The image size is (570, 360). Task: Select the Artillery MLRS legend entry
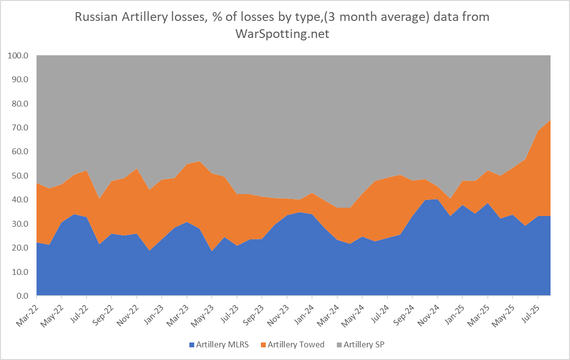coord(220,344)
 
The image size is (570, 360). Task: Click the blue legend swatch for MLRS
coord(191,345)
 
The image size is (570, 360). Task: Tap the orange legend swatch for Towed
coord(264,345)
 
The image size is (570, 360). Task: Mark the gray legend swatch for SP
coord(339,345)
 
